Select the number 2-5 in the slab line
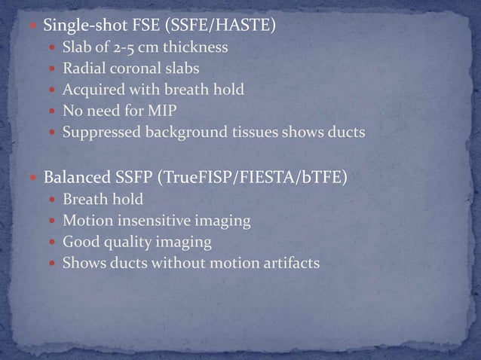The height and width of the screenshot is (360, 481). coord(127,49)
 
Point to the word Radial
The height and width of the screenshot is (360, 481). coord(82,70)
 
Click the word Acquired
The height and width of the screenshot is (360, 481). coord(91,91)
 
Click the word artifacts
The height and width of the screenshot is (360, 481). coord(290,264)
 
